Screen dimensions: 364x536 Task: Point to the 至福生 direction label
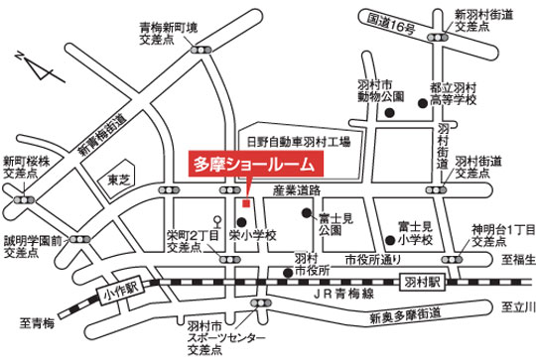pyautogui.click(x=516, y=262)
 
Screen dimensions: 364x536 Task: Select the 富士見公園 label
pyautogui.click(x=332, y=220)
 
